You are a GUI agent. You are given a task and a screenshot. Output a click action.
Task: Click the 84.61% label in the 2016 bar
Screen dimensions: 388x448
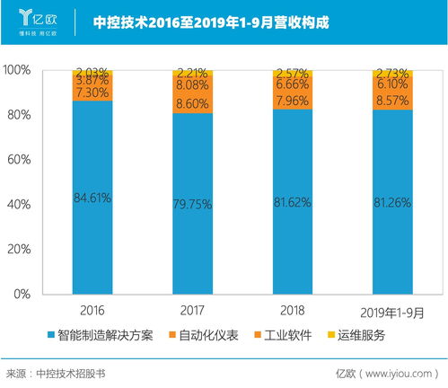point(93,198)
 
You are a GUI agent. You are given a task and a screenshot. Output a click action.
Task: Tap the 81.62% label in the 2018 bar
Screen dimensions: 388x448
point(293,201)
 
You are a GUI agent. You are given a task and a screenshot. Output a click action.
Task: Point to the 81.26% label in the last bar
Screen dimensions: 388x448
point(392,201)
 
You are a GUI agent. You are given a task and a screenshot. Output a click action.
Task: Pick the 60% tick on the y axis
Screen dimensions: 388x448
point(20,160)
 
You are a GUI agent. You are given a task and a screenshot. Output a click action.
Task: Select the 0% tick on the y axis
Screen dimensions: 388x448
point(23,295)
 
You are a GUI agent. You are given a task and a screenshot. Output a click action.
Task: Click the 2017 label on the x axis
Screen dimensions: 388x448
point(193,311)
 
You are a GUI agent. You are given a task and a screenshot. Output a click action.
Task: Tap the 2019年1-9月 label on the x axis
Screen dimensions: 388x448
point(392,312)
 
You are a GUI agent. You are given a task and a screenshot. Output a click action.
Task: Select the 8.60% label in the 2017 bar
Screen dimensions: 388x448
point(193,104)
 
